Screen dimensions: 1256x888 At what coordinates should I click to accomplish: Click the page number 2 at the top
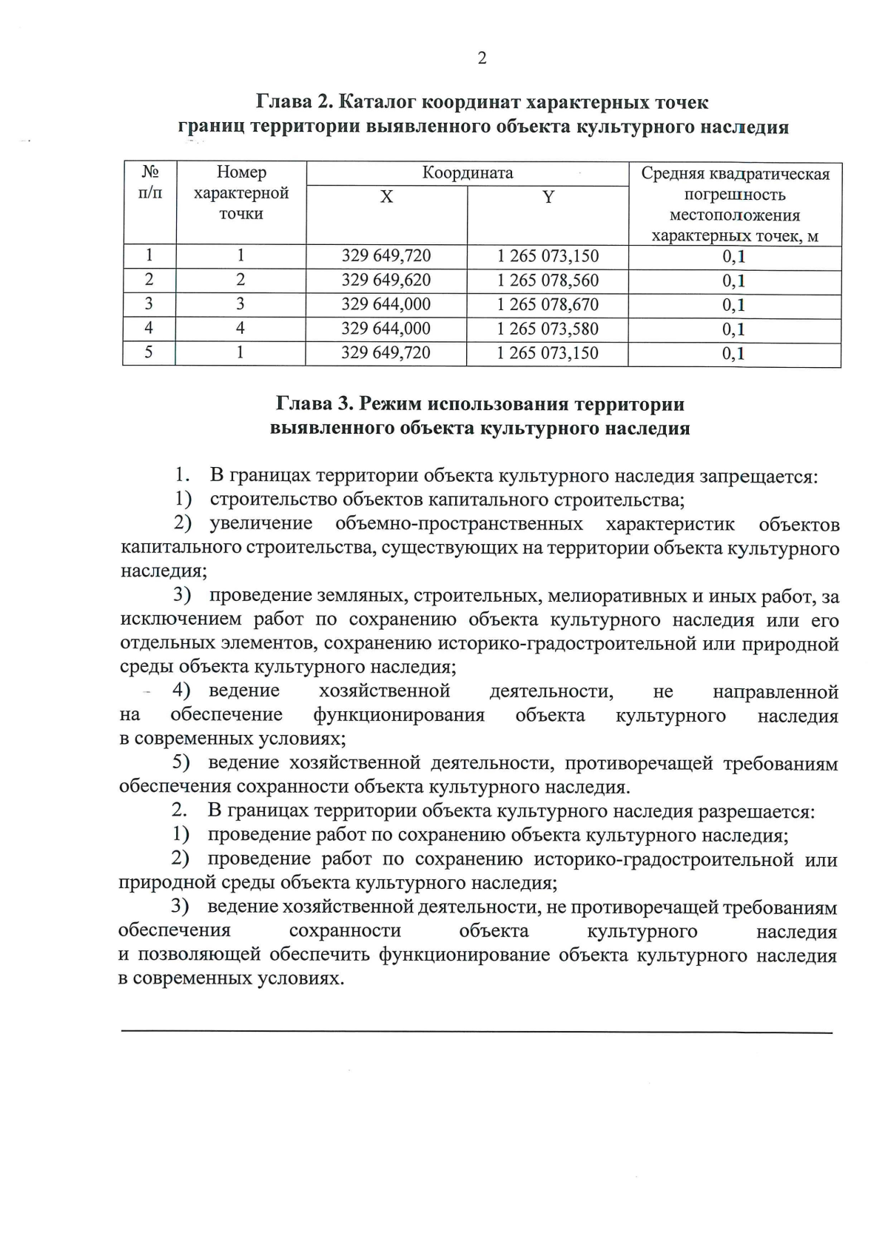pyautogui.click(x=482, y=58)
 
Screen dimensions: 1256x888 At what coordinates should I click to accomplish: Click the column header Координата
pyautogui.click(x=467, y=173)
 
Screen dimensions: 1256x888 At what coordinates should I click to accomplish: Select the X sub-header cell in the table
pyautogui.click(x=386, y=198)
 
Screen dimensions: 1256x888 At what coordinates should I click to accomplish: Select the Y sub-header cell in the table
pyautogui.click(x=548, y=198)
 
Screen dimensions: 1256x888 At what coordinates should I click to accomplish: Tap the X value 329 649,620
pyautogui.click(x=386, y=281)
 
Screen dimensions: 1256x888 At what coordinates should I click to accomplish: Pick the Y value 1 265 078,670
pyautogui.click(x=548, y=305)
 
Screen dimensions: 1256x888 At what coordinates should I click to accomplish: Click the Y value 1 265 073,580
pyautogui.click(x=548, y=329)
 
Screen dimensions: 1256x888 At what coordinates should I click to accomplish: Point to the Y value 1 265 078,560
pyautogui.click(x=548, y=281)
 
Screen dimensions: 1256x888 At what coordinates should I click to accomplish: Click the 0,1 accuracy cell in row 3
pyautogui.click(x=733, y=305)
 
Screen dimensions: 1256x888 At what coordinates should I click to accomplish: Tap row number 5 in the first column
pyautogui.click(x=149, y=352)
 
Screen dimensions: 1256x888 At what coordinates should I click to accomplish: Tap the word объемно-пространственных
pyautogui.click(x=459, y=525)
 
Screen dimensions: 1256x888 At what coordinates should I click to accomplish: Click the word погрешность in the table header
pyautogui.click(x=734, y=195)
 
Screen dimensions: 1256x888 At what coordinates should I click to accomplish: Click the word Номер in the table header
pyautogui.click(x=241, y=172)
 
